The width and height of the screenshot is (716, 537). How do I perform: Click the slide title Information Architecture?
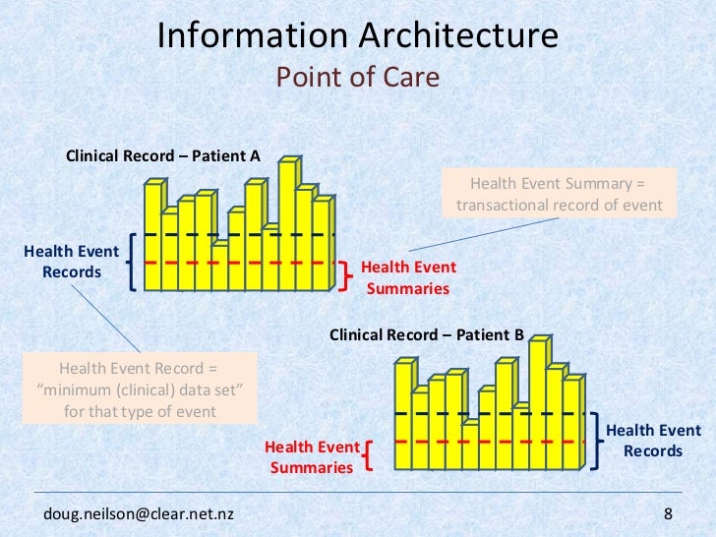click(358, 36)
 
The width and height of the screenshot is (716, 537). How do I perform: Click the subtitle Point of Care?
click(358, 77)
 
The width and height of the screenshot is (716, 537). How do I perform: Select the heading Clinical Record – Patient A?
click(162, 155)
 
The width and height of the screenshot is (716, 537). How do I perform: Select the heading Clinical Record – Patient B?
click(427, 334)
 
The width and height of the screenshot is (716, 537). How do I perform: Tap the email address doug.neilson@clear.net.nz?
click(139, 514)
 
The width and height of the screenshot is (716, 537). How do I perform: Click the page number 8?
click(669, 514)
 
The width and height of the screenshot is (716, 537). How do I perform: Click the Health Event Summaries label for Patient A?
click(408, 277)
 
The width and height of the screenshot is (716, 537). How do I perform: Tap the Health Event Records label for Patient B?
click(653, 441)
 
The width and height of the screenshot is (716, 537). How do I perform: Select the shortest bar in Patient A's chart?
click(220, 266)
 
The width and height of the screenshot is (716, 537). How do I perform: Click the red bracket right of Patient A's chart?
click(345, 277)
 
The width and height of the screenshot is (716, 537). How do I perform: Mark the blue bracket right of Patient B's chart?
click(596, 440)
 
